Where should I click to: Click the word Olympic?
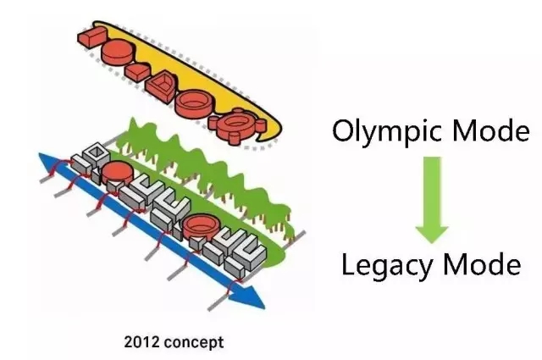[378, 132]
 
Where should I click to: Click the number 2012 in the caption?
[141, 342]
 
